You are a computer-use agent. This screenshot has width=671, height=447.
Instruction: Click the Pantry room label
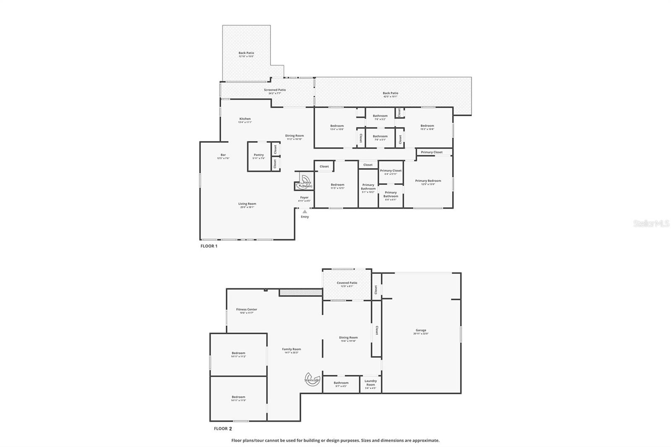[259, 156]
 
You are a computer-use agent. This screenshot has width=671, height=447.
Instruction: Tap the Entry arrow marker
[305, 212]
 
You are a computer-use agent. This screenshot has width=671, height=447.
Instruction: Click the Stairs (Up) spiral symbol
[312, 379]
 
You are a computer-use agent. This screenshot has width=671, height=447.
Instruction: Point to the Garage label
[421, 332]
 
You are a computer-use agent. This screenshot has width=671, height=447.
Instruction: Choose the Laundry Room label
[370, 384]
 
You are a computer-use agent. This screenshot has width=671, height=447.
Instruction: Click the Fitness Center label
[247, 311]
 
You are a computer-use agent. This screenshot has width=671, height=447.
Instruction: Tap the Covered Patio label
[347, 284]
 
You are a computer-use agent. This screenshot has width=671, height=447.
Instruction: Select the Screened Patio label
[275, 91]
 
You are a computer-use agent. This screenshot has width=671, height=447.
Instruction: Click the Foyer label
[304, 199]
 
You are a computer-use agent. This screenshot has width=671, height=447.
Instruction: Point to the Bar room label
[223, 156]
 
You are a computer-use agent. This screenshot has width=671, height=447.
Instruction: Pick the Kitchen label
[245, 120]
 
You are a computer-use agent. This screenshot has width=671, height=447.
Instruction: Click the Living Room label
[247, 205]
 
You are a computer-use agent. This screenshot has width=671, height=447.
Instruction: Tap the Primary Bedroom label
[428, 182]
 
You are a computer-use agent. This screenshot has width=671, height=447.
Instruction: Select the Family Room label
[291, 351]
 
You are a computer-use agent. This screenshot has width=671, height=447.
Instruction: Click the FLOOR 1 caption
[209, 246]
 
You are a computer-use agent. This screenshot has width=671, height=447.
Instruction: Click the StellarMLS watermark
[651, 224]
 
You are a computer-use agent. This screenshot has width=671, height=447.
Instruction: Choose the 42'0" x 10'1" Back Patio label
[390, 95]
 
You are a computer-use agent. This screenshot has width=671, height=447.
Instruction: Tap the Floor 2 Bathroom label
[341, 384]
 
